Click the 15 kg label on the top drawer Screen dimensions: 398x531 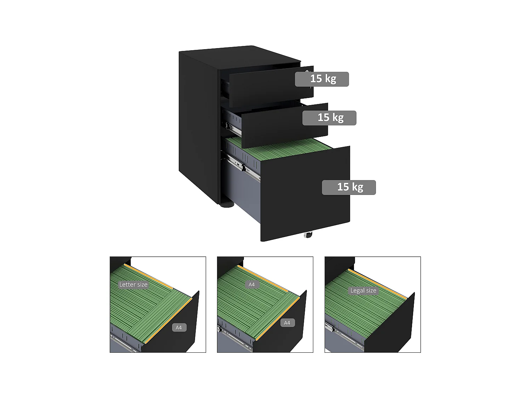(322, 79)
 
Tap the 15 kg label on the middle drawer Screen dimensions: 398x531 (329, 118)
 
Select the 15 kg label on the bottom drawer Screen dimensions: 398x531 (349, 187)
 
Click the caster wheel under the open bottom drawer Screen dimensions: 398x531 (308, 235)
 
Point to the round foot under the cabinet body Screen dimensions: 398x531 (227, 204)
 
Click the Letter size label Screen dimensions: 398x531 (133, 284)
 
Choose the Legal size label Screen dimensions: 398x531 (363, 290)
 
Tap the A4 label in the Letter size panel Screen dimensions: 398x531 (179, 328)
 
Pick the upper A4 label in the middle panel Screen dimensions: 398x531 (252, 284)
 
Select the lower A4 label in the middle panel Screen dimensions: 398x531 (287, 323)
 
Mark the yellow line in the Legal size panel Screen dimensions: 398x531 (377, 283)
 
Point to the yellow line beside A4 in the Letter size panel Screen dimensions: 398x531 (168, 321)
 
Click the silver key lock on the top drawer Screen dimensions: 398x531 (307, 72)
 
